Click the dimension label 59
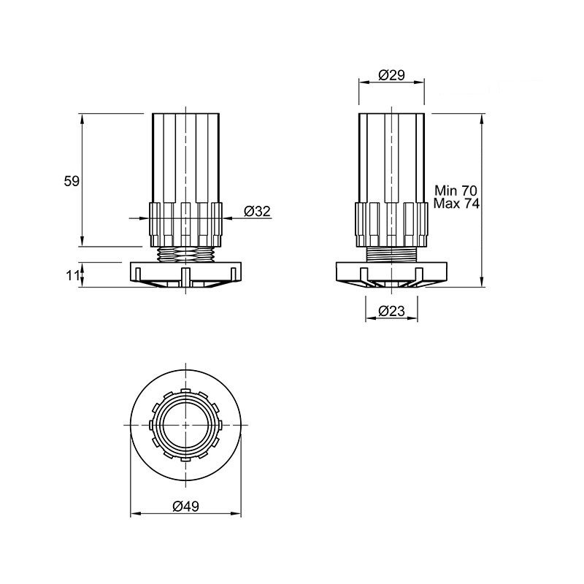(x=72, y=181)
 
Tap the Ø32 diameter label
(x=257, y=211)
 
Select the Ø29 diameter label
(x=391, y=75)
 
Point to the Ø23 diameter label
(x=391, y=311)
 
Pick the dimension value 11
(x=72, y=276)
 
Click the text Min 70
(x=456, y=191)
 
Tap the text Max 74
(x=457, y=204)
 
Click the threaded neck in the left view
(x=186, y=254)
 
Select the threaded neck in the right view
(x=391, y=254)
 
